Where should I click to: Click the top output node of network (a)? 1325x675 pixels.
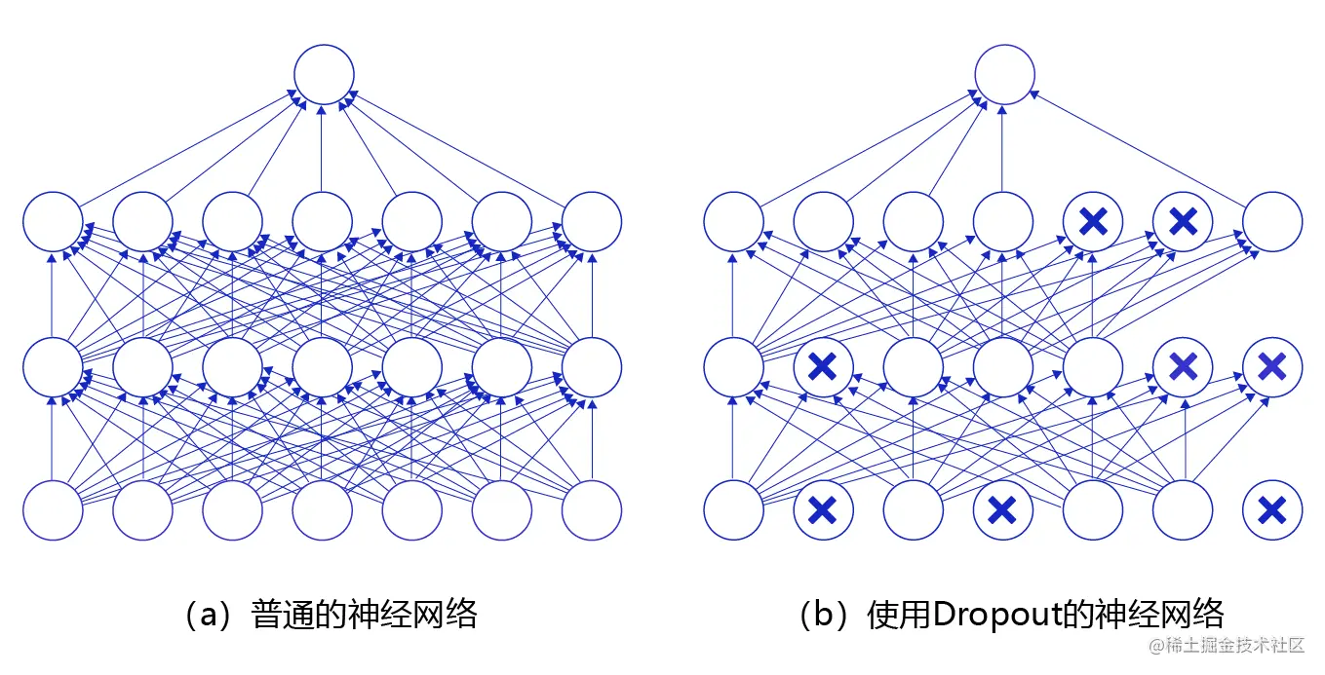[x=323, y=74]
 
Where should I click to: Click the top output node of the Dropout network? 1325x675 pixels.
[x=1003, y=74]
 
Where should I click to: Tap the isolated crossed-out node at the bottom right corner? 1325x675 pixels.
[x=1272, y=509]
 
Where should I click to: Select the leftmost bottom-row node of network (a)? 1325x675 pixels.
[x=53, y=509]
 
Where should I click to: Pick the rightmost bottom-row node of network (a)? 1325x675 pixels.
[x=592, y=509]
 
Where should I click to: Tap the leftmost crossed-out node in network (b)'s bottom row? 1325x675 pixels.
[x=823, y=509]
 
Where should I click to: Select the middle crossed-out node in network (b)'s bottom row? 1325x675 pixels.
[x=1003, y=509]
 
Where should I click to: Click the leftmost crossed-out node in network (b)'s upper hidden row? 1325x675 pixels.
[x=1093, y=221]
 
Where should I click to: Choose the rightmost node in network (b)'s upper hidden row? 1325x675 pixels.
[x=1272, y=221]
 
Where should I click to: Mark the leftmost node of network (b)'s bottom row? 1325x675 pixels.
[x=733, y=509]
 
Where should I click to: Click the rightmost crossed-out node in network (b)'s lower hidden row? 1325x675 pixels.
[x=1272, y=366]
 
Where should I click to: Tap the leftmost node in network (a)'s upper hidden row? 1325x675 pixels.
[x=53, y=221]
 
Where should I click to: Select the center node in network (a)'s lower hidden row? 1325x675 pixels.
[x=323, y=366]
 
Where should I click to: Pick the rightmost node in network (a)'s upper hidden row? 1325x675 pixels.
[x=592, y=221]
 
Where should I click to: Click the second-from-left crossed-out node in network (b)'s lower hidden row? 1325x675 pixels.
[x=1183, y=366]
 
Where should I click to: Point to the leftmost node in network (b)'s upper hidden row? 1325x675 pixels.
[x=733, y=221]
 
